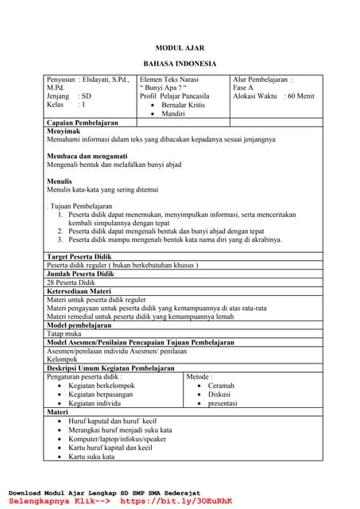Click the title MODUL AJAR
[180, 48]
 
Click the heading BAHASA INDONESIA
[180, 64]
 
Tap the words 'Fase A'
[243, 87]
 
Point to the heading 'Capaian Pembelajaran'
[83, 123]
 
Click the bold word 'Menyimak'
[63, 131]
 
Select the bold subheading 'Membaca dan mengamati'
[85, 156]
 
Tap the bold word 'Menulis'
[60, 181]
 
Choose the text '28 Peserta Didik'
[72, 282]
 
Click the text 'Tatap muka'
[64, 334]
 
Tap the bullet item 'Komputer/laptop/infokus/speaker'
[118, 438]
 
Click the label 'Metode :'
[200, 377]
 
